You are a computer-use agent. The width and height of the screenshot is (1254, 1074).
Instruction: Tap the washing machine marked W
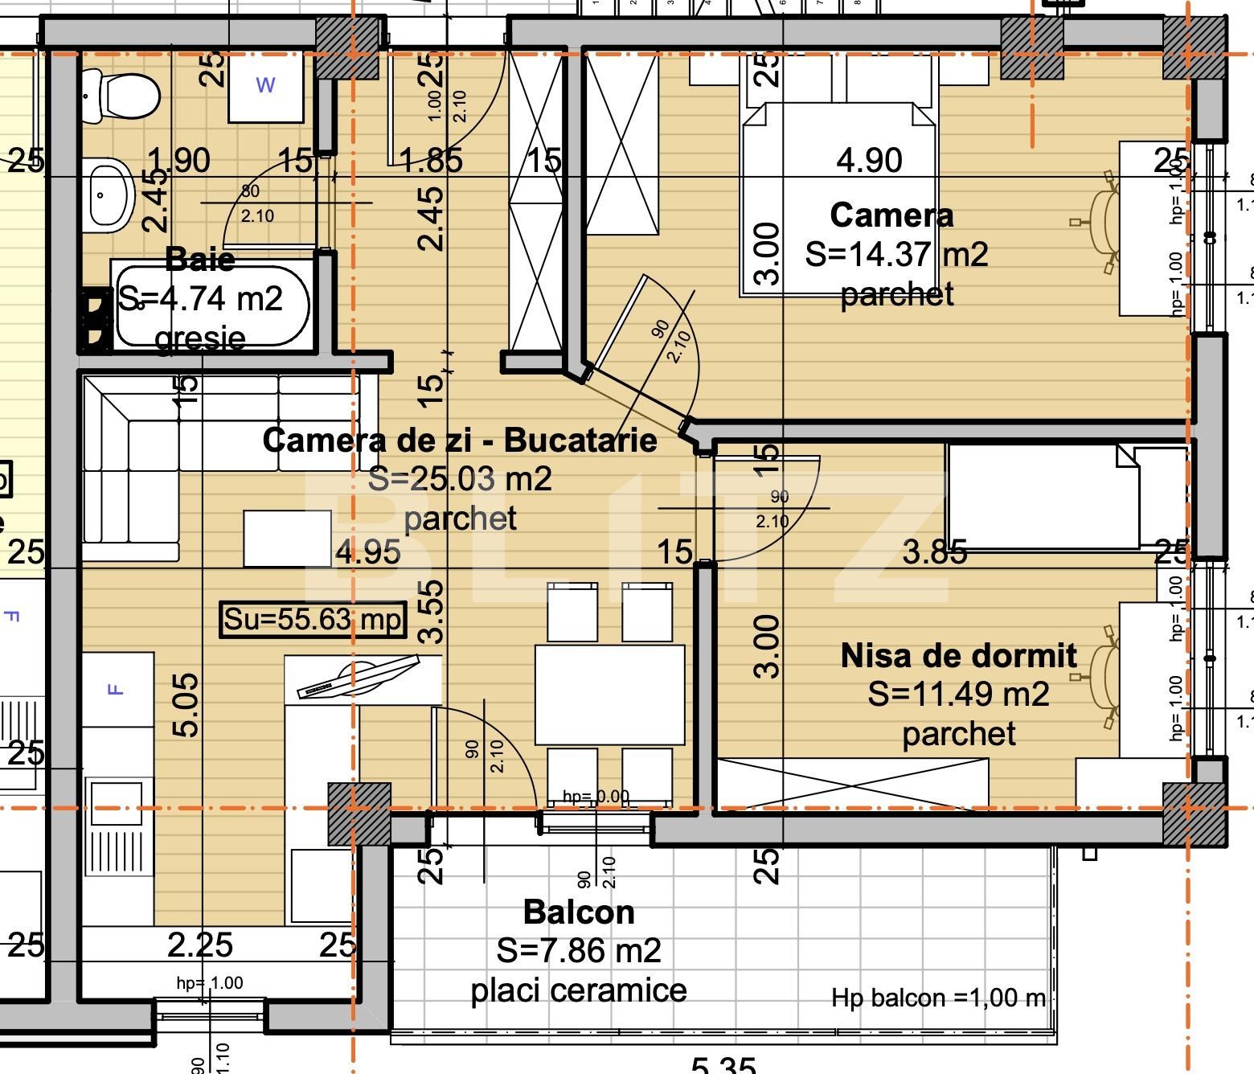[265, 84]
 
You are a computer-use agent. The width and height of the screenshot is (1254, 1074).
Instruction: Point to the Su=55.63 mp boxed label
[313, 620]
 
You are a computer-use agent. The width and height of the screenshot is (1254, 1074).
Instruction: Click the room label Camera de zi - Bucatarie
[459, 440]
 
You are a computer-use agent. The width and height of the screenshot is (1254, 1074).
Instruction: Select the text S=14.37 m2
[895, 254]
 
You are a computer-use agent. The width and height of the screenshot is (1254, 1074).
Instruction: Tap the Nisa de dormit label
[958, 655]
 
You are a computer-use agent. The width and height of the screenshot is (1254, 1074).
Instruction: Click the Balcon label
[578, 912]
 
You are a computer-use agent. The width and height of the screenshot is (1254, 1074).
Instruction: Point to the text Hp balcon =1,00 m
[938, 998]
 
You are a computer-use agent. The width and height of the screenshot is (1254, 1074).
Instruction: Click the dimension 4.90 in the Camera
[869, 160]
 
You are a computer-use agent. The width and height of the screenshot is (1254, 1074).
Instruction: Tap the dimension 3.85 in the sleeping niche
[934, 552]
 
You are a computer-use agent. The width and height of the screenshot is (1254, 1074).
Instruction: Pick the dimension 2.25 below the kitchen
[200, 945]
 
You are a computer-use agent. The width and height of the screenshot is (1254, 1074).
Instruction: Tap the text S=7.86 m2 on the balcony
[578, 950]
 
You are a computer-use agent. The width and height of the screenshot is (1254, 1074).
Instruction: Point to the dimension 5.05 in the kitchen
[186, 705]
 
